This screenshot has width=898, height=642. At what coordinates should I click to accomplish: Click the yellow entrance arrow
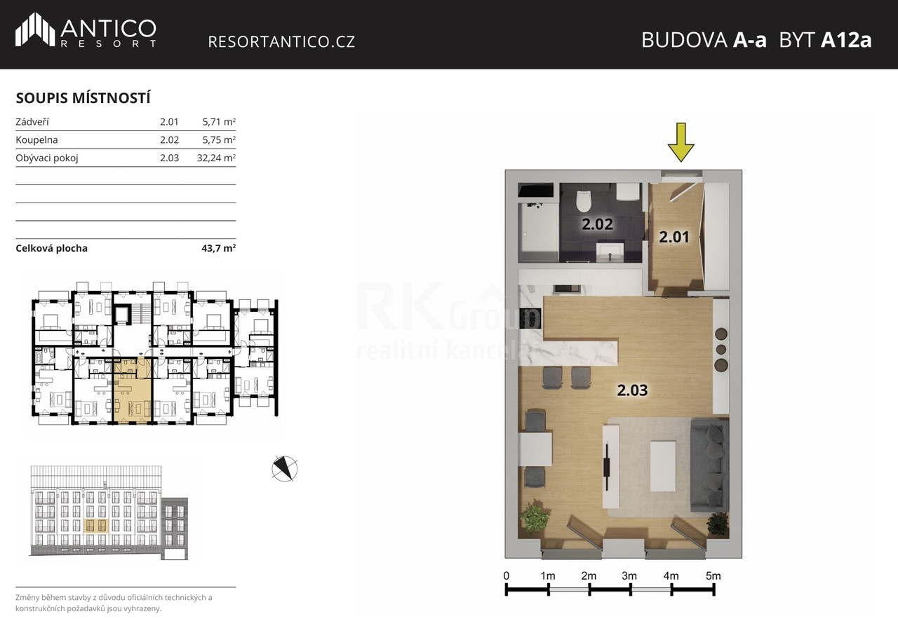tap(681, 142)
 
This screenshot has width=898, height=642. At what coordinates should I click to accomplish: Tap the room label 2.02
tap(597, 224)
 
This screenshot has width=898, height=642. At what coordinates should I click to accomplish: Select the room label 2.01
tap(674, 237)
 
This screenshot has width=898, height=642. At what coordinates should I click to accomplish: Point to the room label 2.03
tap(632, 390)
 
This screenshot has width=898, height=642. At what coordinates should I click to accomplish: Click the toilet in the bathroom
tap(584, 201)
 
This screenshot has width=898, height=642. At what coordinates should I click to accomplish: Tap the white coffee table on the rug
tap(663, 466)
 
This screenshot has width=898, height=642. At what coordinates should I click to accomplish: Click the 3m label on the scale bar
tap(629, 576)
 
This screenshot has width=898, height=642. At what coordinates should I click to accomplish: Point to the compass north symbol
tap(285, 468)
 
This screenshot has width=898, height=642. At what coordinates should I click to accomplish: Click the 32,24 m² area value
tap(216, 158)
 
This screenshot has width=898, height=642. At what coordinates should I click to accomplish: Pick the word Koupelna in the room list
tap(36, 139)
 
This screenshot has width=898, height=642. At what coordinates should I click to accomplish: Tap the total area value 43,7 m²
tap(218, 248)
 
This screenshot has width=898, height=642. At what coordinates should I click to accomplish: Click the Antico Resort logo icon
tap(35, 29)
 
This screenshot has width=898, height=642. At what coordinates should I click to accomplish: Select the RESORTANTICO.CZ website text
tap(281, 41)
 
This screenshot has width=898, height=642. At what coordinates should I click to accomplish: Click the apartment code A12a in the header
tap(846, 40)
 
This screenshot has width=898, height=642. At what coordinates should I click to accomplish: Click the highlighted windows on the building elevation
tap(96, 526)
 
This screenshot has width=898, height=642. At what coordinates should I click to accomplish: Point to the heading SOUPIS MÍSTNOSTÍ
tap(83, 98)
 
